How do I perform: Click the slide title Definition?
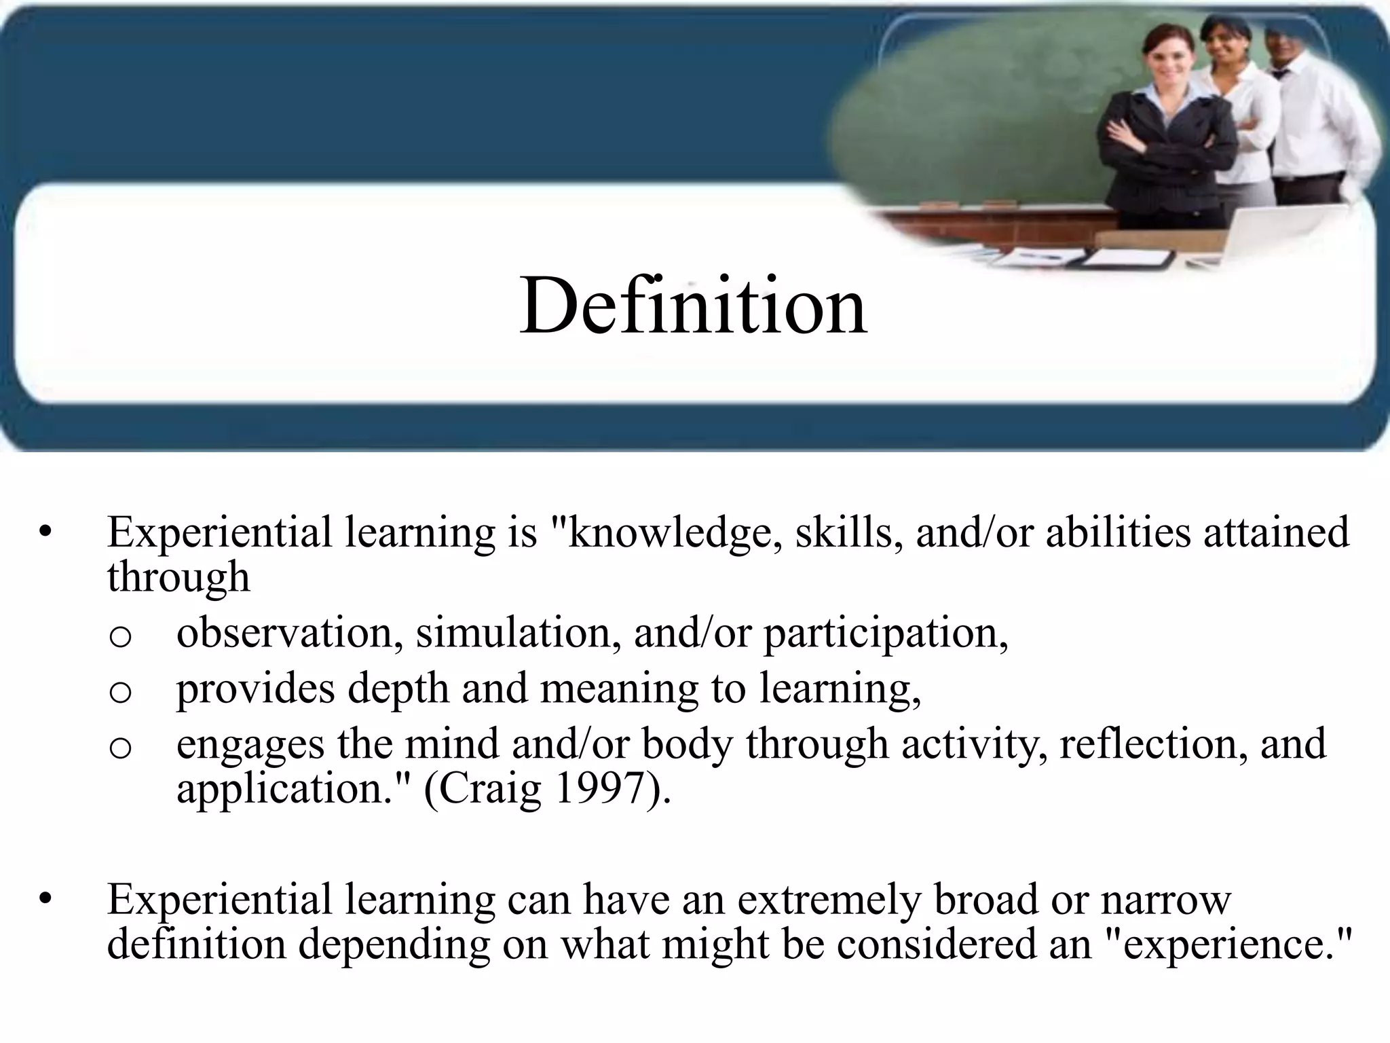pos(693,308)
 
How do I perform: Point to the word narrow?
pos(1165,900)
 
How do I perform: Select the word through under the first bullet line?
pos(179,578)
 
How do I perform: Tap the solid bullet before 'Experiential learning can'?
pos(45,900)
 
